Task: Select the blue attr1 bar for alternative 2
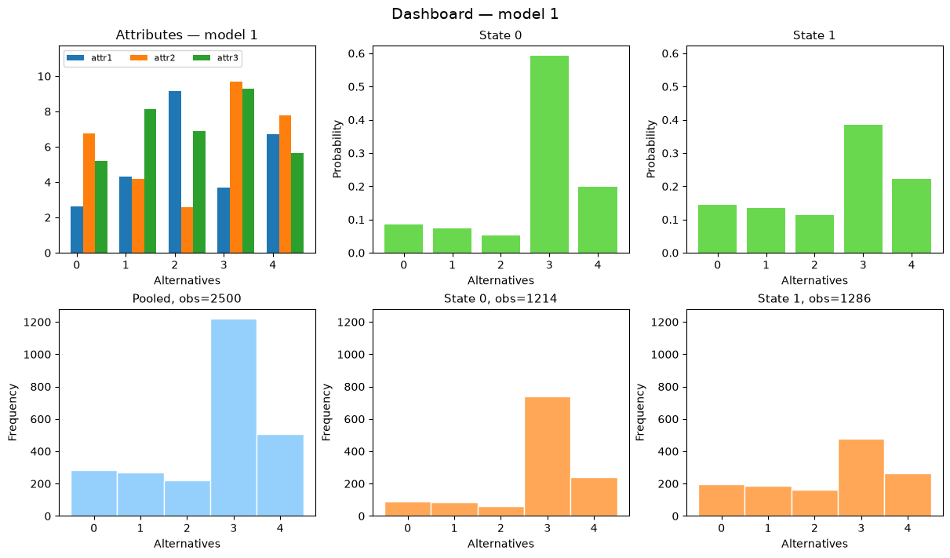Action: (x=175, y=172)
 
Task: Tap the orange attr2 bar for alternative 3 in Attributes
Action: (x=236, y=167)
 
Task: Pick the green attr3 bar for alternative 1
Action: (x=150, y=181)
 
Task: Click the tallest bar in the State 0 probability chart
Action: (x=549, y=155)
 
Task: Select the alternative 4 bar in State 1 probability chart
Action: (x=912, y=216)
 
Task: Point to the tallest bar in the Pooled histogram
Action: (x=234, y=418)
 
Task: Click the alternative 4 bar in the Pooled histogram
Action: (x=280, y=476)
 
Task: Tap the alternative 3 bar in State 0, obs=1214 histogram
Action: (x=548, y=457)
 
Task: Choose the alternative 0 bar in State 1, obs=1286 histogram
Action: (x=722, y=500)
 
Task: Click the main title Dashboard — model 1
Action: (x=475, y=14)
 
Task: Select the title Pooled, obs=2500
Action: (x=187, y=299)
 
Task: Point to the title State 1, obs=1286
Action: (x=814, y=299)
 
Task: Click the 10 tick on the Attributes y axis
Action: (x=44, y=76)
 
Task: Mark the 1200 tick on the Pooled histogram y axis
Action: (x=37, y=322)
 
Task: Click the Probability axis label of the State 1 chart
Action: (x=650, y=149)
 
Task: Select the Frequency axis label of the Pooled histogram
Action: (x=13, y=413)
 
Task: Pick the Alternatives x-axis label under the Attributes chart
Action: (x=187, y=280)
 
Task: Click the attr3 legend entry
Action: (x=216, y=58)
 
